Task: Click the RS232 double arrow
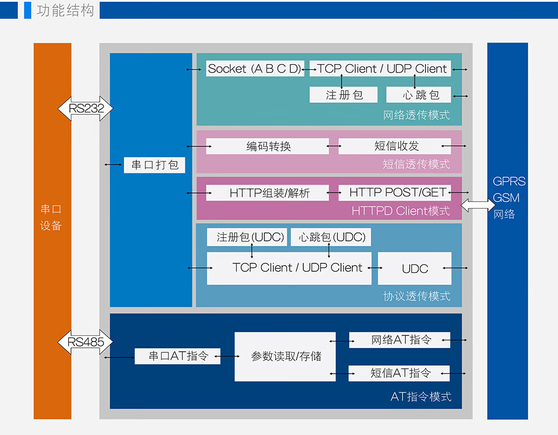86,109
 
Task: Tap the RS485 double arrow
86,342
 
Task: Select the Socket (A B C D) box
255,69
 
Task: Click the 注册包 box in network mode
343,95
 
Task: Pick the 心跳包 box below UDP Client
418,95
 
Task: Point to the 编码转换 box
268,146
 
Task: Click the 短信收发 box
395,146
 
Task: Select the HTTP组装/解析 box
268,192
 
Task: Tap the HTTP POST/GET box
395,192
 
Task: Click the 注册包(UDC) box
247,237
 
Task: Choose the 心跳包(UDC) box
331,237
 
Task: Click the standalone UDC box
415,268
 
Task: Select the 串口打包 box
154,165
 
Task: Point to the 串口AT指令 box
178,356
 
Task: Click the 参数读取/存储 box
285,357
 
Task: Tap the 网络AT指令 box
400,340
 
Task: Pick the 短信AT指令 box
399,373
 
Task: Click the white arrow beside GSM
477,205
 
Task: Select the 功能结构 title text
65,10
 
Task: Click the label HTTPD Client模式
401,211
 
